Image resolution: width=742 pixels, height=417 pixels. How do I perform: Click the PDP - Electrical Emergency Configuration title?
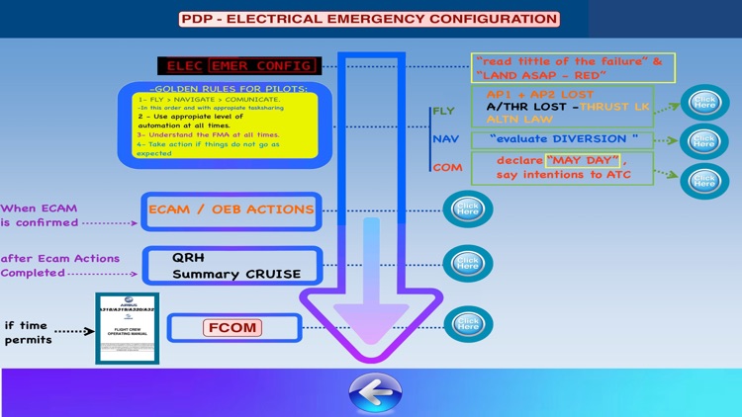369,19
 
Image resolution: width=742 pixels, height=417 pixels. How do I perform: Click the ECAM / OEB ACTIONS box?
232,209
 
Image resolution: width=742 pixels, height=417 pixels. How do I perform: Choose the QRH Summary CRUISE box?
232,266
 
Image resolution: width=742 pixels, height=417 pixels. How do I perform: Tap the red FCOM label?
233,327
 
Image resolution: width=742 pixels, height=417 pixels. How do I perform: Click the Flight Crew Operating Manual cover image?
127,329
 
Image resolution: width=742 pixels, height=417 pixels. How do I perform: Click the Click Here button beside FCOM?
467,325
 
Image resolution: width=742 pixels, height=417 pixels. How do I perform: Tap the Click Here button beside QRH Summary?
467,264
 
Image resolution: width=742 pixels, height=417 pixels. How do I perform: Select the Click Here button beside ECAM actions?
467,208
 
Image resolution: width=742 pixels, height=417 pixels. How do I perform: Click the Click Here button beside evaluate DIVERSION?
704,140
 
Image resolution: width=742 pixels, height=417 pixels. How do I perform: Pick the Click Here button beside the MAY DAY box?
704,180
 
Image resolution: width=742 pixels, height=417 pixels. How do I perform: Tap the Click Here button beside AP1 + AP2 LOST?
704,103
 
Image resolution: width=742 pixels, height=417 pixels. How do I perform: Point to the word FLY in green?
442,112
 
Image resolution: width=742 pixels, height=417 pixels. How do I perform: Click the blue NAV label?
445,139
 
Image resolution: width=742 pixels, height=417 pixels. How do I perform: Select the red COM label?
446,168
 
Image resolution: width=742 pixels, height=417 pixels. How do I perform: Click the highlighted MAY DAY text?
583,160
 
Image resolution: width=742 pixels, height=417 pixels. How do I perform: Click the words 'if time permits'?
28,332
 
